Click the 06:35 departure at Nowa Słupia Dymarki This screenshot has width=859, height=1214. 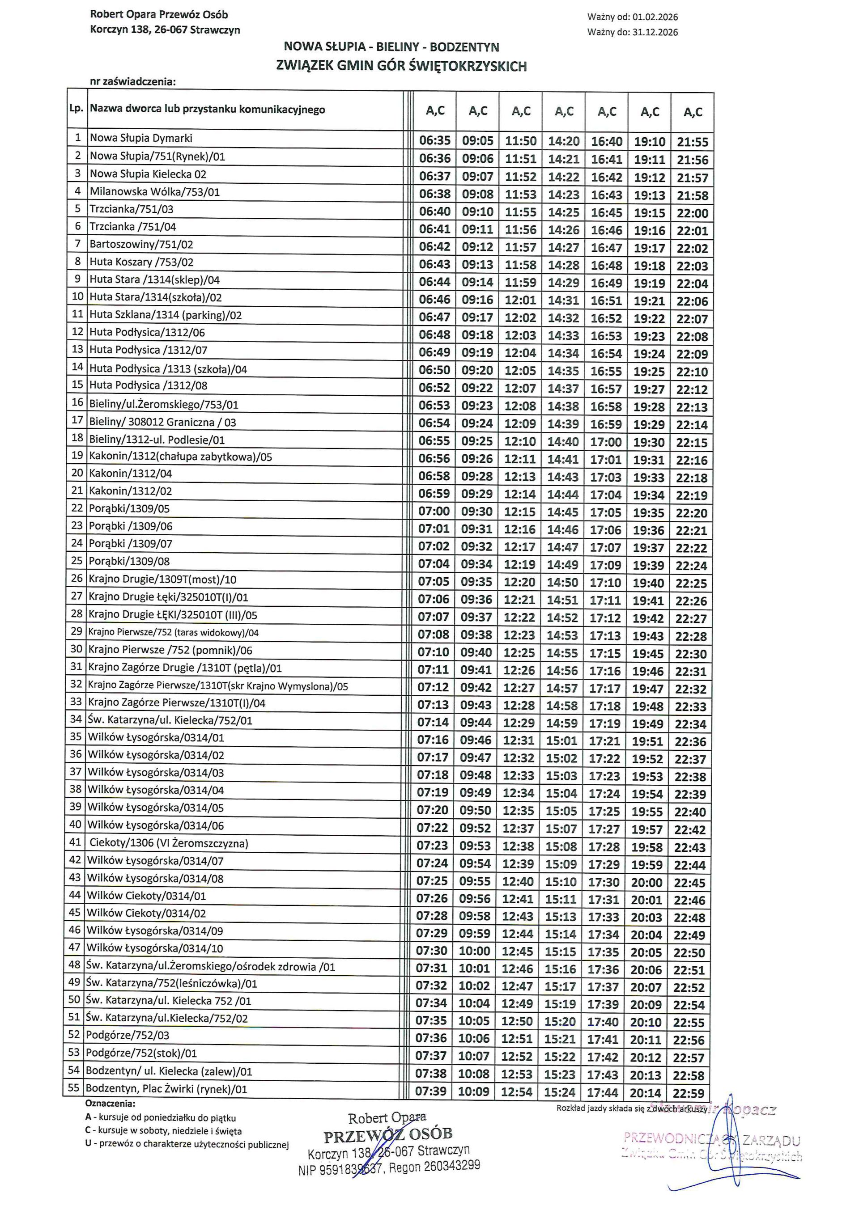click(435, 141)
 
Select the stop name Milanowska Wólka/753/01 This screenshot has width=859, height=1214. click(154, 192)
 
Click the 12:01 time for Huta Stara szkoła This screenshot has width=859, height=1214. click(520, 300)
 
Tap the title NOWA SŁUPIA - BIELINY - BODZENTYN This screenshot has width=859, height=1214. click(391, 47)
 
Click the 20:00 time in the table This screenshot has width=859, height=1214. click(646, 883)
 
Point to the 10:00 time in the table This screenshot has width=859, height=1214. click(474, 951)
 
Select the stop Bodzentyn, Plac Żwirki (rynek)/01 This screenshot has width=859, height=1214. click(166, 1089)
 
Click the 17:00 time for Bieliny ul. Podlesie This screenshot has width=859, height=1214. click(606, 441)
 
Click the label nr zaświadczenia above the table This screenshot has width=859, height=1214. click(133, 81)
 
